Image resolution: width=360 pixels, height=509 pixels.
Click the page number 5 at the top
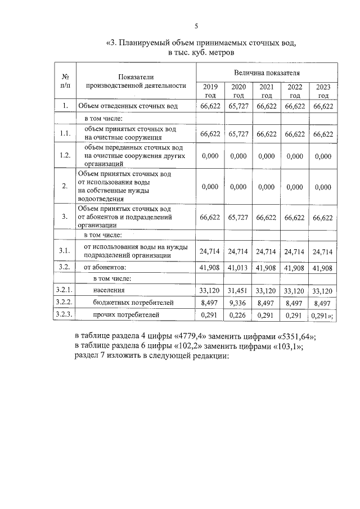pyautogui.click(x=196, y=26)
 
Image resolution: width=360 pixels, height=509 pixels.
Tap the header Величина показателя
pyautogui.click(x=267, y=73)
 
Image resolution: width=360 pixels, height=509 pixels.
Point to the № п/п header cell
pyautogui.click(x=65, y=81)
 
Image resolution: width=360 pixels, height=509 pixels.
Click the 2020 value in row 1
pyautogui.click(x=238, y=106)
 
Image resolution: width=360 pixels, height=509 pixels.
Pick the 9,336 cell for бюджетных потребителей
pyautogui.click(x=238, y=303)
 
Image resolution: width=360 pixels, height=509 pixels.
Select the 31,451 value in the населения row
pyautogui.click(x=238, y=290)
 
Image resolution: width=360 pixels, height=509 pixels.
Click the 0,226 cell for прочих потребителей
pyautogui.click(x=238, y=315)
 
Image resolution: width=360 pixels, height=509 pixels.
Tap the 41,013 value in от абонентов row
pyautogui.click(x=238, y=268)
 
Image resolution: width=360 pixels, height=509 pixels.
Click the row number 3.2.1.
pyautogui.click(x=65, y=290)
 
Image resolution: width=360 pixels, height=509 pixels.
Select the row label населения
pyautogui.click(x=109, y=290)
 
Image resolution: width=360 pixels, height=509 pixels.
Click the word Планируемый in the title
pyautogui.click(x=150, y=42)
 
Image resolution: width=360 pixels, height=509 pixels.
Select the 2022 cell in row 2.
pyautogui.click(x=295, y=187)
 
